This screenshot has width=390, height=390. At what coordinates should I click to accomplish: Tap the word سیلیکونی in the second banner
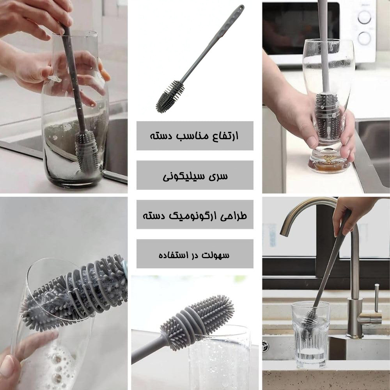(184, 176)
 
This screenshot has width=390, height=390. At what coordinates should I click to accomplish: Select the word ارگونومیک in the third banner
(193, 215)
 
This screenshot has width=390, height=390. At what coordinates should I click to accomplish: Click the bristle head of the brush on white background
(170, 97)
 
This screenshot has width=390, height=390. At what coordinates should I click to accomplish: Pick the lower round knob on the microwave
(364, 38)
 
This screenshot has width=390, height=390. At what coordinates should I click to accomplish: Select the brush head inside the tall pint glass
(328, 117)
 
